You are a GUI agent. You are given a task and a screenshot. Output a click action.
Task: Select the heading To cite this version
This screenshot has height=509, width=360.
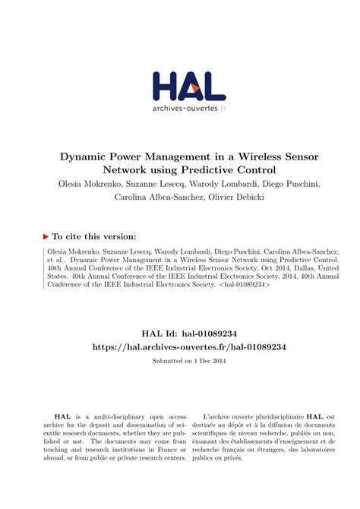tap(94, 236)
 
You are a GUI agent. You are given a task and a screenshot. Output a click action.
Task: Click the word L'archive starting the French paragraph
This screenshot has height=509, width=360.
tap(219, 417)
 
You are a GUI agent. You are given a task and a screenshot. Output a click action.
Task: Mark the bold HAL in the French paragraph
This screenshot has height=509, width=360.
tap(314, 417)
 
